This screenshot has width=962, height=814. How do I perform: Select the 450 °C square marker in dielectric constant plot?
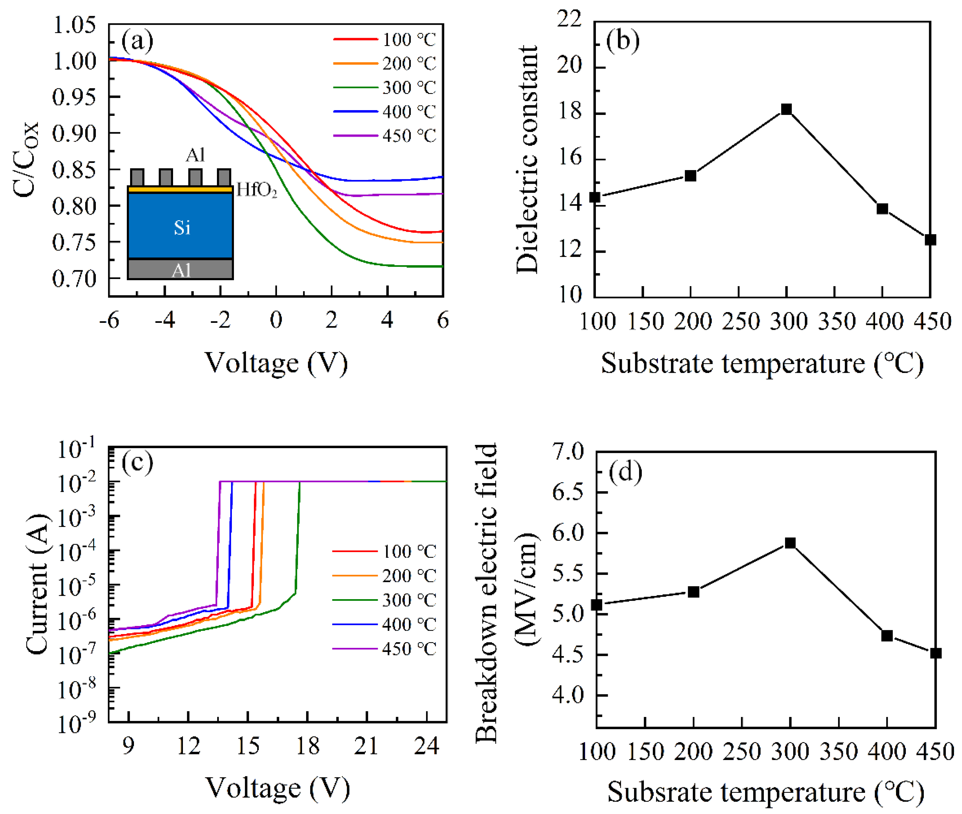930,240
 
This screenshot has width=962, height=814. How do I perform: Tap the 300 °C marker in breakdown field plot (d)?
790,543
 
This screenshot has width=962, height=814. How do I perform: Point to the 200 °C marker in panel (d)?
693,592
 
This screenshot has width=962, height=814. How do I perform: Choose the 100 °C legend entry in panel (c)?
384,551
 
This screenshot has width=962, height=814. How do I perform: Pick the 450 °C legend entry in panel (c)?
384,649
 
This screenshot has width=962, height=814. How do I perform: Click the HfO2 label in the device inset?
257,190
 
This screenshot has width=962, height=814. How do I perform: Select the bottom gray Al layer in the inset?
181,269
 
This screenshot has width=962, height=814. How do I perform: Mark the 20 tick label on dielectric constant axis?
569,66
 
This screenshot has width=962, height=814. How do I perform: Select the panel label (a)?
137,41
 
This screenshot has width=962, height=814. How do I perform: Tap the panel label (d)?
625,472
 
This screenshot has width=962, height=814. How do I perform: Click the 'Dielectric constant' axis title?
527,159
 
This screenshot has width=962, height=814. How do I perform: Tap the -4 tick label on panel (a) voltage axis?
165,320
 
